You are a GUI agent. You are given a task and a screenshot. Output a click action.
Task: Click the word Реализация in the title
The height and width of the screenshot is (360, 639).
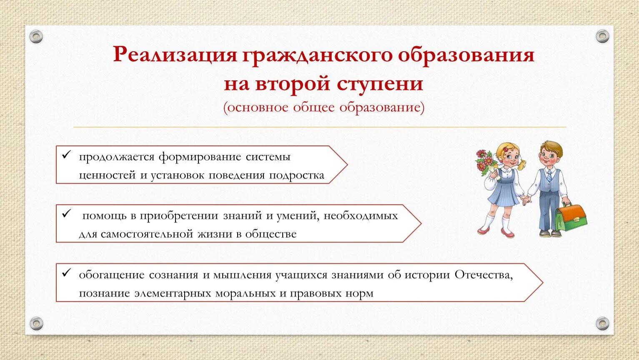pos(175,55)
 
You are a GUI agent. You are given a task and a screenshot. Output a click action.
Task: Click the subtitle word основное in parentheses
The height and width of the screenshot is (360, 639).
pos(258,107)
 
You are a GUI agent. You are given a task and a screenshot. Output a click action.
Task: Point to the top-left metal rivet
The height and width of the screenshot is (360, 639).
pos(36,37)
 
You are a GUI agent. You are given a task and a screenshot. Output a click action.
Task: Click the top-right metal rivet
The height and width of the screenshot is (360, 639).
pos(602,36)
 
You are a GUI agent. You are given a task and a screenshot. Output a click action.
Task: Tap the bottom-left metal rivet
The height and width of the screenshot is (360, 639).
pos(36,323)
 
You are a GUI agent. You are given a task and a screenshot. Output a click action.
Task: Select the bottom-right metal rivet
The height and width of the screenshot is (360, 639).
pos(602,323)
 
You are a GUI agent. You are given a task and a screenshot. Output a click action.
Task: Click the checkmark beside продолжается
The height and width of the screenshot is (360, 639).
pos(66,155)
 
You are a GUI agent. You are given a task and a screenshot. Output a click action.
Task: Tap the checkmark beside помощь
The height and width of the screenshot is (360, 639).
pos(66,213)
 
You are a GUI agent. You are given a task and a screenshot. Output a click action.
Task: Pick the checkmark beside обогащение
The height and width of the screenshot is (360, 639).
pos(66,273)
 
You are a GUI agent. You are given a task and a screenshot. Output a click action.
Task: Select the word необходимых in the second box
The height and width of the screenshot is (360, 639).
pos(361,216)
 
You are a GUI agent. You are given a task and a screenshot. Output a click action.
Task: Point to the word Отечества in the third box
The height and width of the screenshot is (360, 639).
pos(484,275)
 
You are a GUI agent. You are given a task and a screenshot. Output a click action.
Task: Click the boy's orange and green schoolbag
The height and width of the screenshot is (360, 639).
pos(571,217)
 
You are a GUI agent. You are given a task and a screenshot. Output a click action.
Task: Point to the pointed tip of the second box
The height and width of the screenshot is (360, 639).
pos(421,223)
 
